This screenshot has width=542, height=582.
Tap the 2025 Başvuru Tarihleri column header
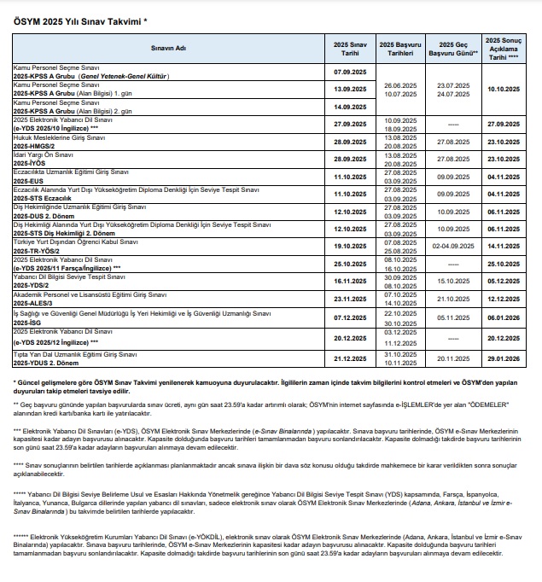pyautogui.click(x=400, y=49)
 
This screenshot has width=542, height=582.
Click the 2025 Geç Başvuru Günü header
pyautogui.click(x=453, y=49)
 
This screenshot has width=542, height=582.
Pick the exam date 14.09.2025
pyautogui.click(x=349, y=107)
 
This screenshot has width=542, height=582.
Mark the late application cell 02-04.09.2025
pyautogui.click(x=453, y=246)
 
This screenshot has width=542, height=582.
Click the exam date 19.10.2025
pyautogui.click(x=349, y=246)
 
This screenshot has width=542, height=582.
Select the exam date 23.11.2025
pyautogui.click(x=349, y=299)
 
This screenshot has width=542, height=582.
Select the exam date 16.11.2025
pyautogui.click(x=349, y=281)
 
